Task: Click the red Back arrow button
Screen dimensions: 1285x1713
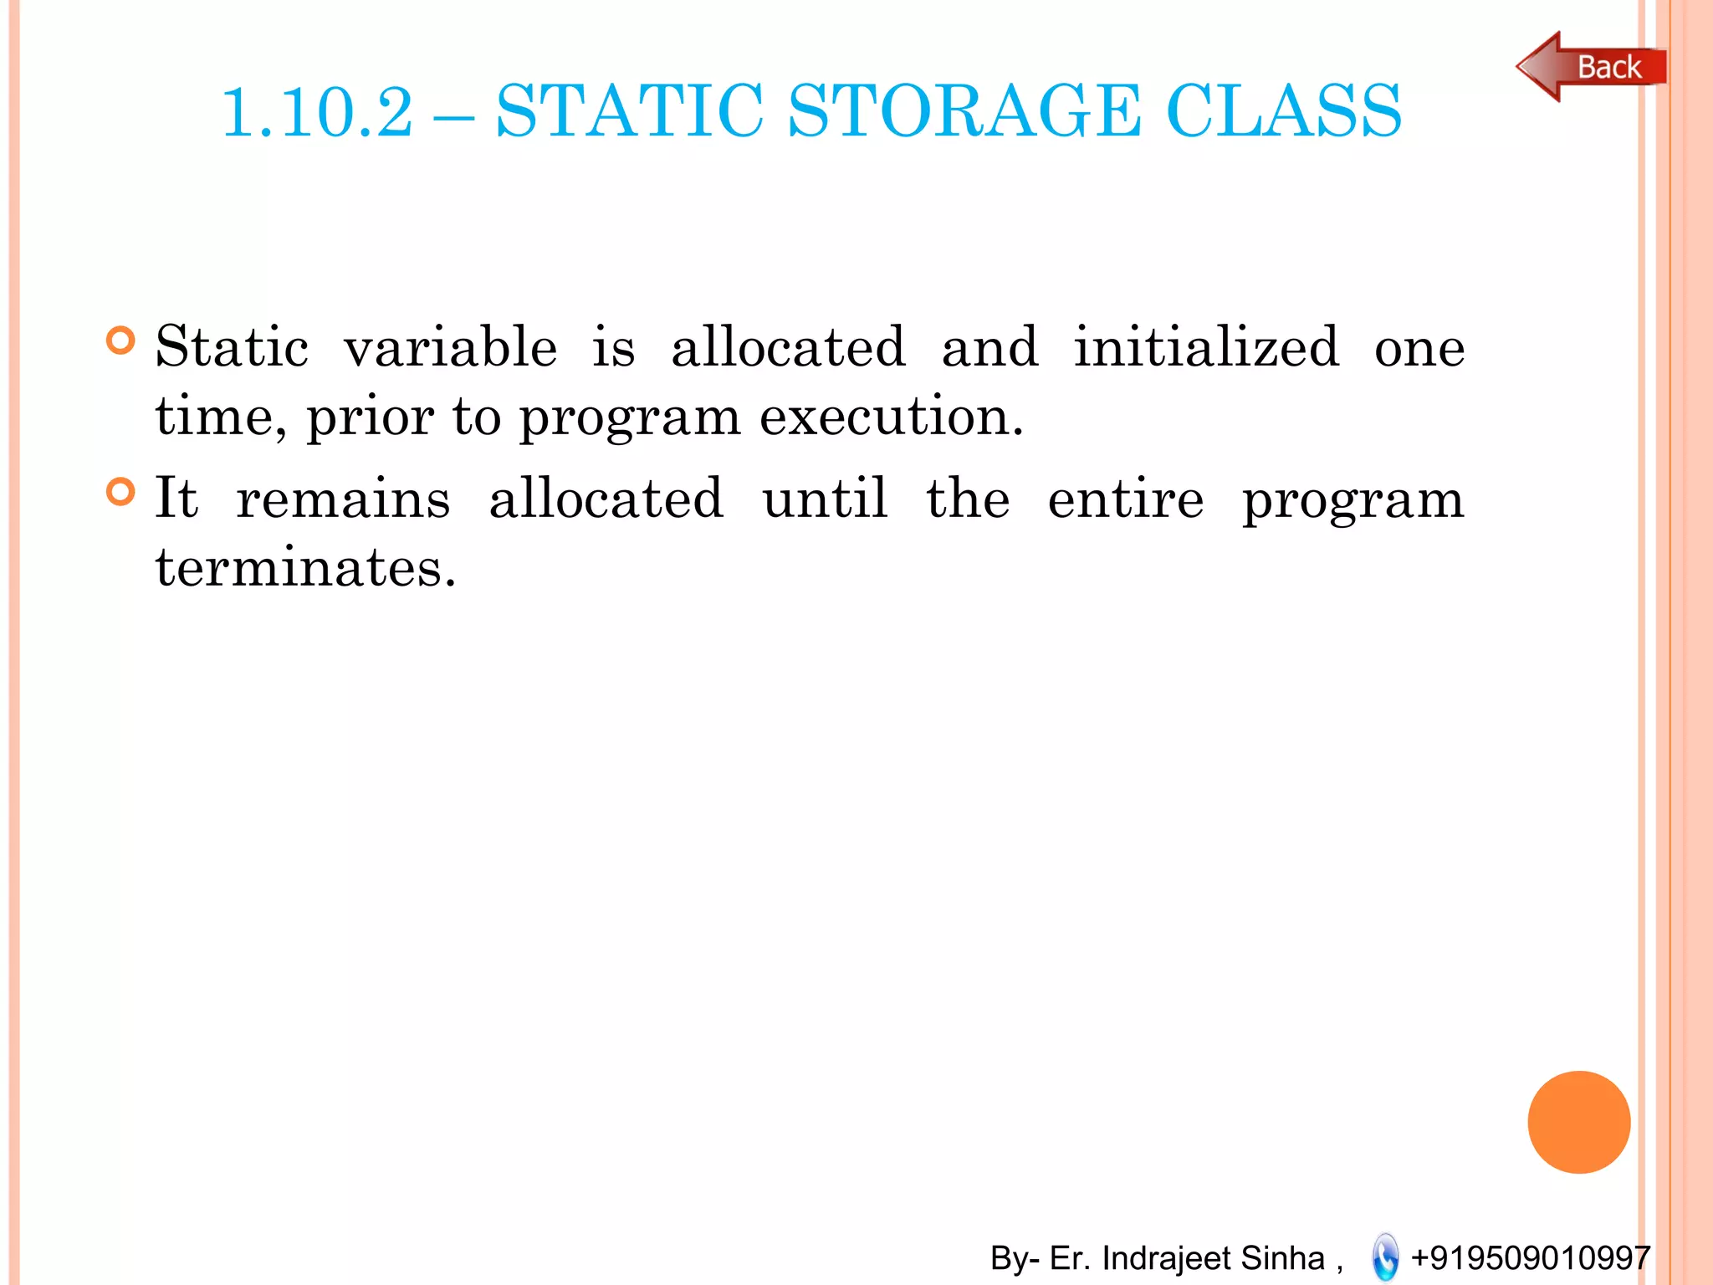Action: click(1590, 67)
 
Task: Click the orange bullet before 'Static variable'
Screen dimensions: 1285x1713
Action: click(121, 340)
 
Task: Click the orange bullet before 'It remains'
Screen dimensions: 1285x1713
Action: click(121, 492)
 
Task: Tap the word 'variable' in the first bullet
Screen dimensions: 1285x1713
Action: click(450, 347)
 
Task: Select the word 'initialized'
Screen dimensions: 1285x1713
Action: click(1206, 347)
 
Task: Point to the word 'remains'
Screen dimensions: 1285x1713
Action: click(343, 499)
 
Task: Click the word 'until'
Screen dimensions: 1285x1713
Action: click(825, 499)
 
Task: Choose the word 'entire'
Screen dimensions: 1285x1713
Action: click(1126, 499)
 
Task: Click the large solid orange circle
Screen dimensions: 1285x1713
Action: click(1578, 1122)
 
